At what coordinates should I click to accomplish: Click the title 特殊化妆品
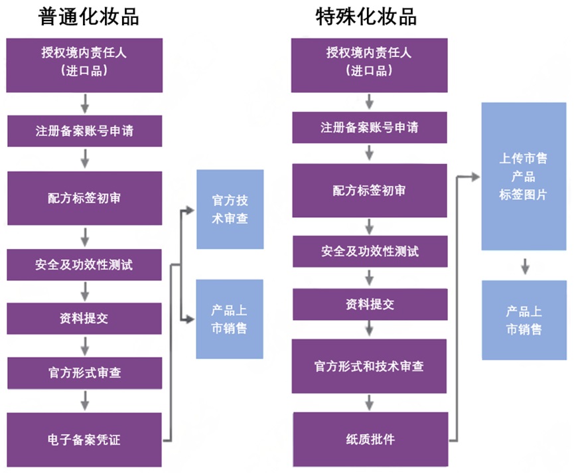tap(366, 17)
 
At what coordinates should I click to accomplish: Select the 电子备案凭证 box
tap(84, 439)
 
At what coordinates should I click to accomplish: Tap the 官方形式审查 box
tap(84, 373)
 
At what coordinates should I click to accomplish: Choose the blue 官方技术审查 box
tap(230, 209)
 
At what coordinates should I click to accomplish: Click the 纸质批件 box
tap(370, 439)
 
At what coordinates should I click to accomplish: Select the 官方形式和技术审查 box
tap(370, 366)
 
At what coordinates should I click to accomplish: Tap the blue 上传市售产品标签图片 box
tap(524, 177)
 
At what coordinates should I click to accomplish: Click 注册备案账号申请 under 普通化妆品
tap(84, 131)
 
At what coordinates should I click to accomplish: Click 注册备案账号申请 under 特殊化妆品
tap(370, 127)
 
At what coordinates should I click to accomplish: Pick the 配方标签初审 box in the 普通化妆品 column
tap(84, 198)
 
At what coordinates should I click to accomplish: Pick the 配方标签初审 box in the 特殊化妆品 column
tap(370, 191)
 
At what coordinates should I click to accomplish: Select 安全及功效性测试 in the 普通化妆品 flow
tap(84, 264)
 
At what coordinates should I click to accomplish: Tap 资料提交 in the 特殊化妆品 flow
tap(370, 304)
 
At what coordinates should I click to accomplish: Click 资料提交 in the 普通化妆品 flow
tap(84, 318)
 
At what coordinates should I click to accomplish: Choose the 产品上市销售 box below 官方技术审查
tap(230, 319)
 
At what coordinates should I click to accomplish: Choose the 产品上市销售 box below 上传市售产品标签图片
tap(524, 320)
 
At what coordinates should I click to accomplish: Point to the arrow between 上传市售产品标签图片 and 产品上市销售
tap(524, 266)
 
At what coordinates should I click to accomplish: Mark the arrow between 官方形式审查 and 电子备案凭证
tap(85, 400)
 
